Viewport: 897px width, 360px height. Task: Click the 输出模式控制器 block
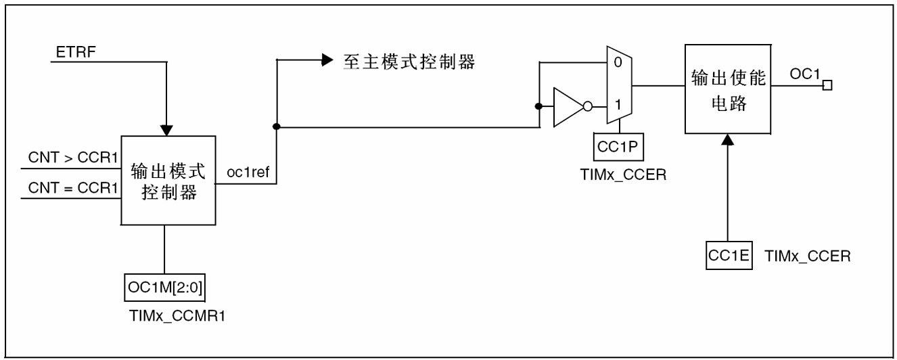point(168,180)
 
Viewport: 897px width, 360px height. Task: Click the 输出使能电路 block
point(727,89)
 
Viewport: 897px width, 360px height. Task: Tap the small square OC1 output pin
point(827,86)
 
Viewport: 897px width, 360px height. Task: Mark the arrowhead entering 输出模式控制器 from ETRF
point(166,129)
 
